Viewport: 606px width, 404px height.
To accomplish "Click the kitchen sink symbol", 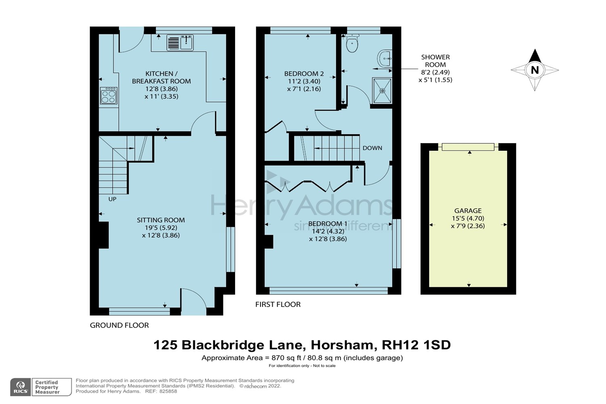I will click(180, 43).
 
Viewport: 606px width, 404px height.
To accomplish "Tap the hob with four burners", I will click(109, 96).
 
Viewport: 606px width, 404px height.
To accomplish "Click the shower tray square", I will click(382, 91).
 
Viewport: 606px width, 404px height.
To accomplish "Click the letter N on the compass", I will click(534, 70).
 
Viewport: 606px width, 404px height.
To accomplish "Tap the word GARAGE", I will click(468, 210).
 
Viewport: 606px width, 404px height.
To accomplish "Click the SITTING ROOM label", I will click(161, 220).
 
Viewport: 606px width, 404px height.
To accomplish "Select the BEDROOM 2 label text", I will click(304, 74).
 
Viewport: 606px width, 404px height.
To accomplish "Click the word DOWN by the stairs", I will click(372, 148).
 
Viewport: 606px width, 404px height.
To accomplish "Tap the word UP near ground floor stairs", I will click(112, 199).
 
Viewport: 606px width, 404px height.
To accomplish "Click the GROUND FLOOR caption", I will click(119, 325).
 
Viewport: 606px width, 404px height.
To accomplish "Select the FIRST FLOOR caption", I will click(278, 305).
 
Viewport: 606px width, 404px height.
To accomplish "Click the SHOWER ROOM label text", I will click(435, 61).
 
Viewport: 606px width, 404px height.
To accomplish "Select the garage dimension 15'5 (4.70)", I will click(468, 218).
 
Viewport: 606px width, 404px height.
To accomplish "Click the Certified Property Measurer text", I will click(47, 387).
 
